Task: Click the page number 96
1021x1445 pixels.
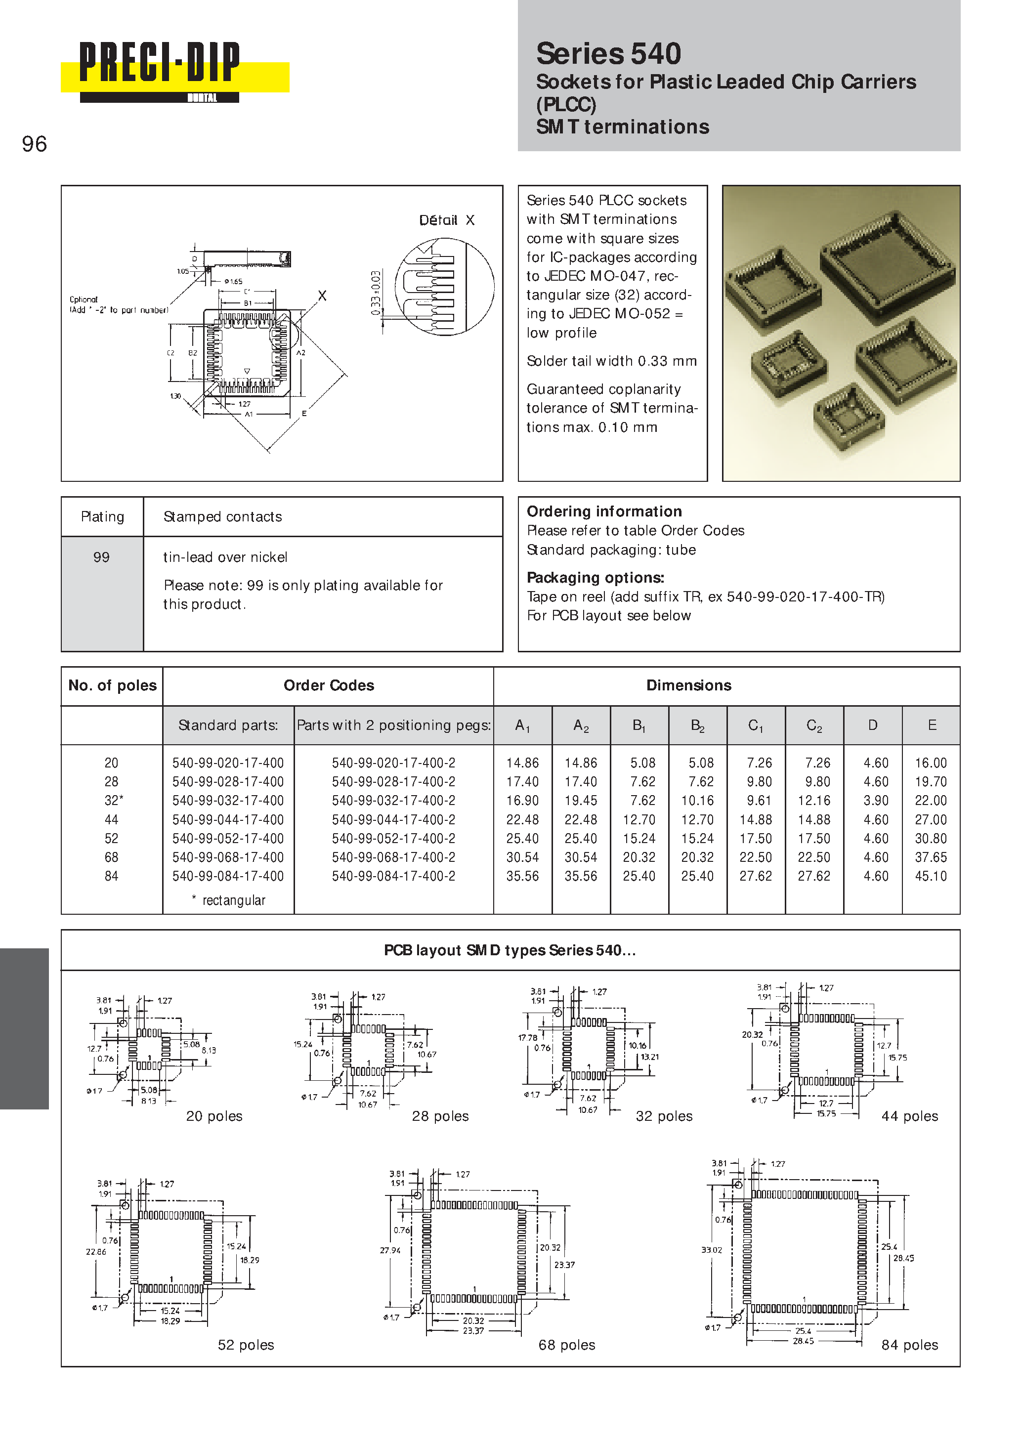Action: (x=34, y=144)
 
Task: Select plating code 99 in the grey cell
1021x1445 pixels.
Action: (x=101, y=557)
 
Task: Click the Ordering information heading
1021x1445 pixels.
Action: (x=604, y=511)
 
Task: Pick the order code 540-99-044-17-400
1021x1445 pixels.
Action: (x=228, y=819)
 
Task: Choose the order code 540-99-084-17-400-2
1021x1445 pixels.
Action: (x=393, y=876)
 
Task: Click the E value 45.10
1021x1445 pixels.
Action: (x=931, y=876)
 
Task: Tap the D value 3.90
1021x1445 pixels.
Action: (x=876, y=801)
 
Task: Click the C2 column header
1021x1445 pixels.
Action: (x=814, y=725)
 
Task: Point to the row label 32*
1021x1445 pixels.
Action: (x=113, y=801)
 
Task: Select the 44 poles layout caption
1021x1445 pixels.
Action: (x=909, y=1116)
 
